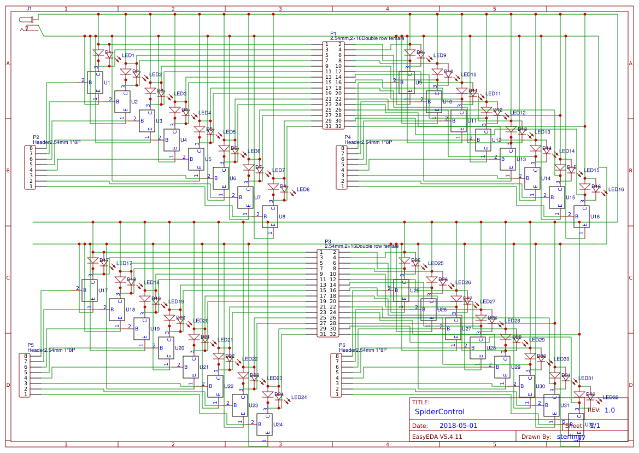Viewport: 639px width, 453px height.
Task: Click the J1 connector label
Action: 29,9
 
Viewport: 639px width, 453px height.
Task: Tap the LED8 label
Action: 302,190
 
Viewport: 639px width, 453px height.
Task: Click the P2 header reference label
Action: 36,137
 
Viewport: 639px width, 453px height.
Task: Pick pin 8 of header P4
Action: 343,148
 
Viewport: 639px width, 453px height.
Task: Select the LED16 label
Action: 616,189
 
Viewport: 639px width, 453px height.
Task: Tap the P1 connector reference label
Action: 333,34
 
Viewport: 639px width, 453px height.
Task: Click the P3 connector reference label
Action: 328,241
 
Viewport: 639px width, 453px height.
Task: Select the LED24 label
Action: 299,397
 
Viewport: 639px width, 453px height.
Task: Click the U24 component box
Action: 264,425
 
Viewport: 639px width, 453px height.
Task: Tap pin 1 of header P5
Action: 25,394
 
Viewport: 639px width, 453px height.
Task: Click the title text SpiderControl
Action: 439,411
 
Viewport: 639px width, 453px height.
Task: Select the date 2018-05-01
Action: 458,425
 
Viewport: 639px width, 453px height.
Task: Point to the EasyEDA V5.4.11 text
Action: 437,437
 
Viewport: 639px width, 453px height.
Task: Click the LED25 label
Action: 436,263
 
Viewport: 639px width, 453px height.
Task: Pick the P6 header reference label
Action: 342,345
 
